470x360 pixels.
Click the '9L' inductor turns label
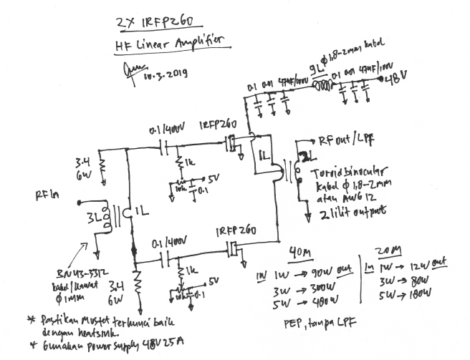315,69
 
